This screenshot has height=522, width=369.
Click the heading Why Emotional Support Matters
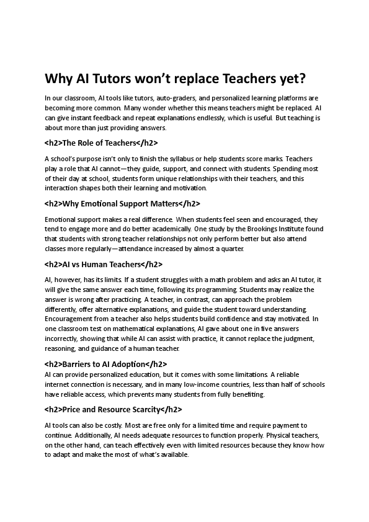click(x=123, y=203)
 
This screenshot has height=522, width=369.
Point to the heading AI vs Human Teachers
click(x=104, y=264)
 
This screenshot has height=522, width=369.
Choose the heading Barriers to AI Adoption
click(x=105, y=364)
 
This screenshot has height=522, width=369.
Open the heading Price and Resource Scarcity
click(x=113, y=409)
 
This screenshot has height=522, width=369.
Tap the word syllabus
click(x=170, y=158)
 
